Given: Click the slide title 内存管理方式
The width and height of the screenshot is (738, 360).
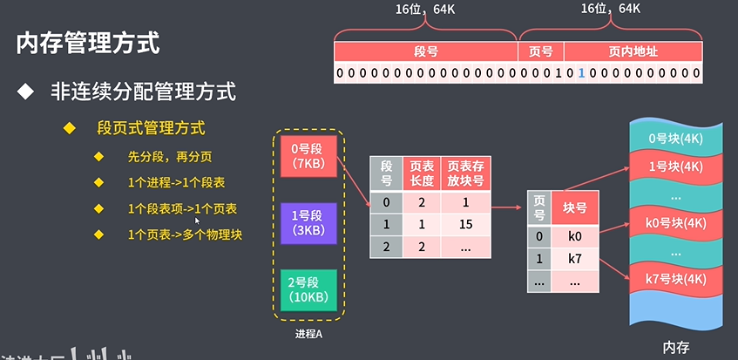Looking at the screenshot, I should click(88, 44).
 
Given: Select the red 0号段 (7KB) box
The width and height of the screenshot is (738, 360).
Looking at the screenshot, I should click(308, 155).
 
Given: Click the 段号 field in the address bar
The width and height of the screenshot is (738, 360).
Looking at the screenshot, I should click(426, 51).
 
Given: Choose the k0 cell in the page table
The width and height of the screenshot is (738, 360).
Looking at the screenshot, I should click(574, 236).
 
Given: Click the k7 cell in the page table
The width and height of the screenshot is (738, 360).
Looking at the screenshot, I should click(574, 259).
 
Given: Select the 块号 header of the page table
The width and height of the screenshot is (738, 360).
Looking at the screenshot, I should click(574, 207).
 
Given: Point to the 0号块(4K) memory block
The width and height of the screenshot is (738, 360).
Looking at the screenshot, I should click(676, 138).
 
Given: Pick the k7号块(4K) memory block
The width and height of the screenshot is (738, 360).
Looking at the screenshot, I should click(676, 278).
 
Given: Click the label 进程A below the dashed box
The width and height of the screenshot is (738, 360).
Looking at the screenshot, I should click(309, 334).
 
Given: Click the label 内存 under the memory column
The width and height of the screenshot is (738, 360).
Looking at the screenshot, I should click(676, 347).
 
